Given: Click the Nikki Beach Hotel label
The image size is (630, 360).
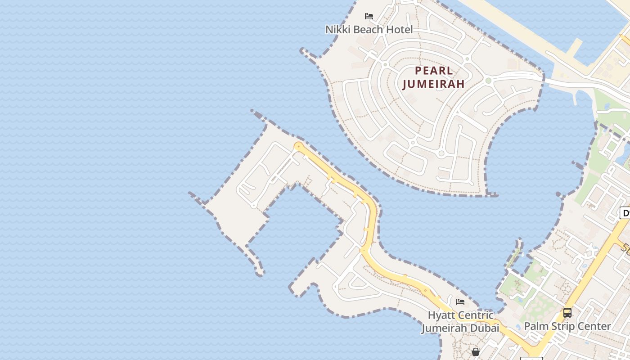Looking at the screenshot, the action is click(369, 30).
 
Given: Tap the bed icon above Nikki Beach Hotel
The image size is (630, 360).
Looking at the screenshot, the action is click(369, 16).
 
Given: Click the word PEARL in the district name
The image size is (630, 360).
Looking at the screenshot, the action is click(434, 71).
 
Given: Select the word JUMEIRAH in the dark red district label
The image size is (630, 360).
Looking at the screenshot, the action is click(433, 84).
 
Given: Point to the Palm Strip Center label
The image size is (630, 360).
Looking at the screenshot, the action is click(567, 326).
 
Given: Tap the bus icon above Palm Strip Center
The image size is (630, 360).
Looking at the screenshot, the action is click(567, 312).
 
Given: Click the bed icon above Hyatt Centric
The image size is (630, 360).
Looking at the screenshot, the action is click(460, 302).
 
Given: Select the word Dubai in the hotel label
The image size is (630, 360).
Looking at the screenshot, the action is click(485, 328).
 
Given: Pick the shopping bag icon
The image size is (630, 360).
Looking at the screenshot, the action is click(476, 351).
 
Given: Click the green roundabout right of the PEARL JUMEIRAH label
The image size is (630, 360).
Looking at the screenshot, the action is click(488, 81).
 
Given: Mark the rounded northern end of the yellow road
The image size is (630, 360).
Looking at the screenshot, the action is click(298, 146).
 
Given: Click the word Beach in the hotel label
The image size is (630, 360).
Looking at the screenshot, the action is click(369, 30).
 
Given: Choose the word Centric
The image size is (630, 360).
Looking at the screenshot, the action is click(476, 315).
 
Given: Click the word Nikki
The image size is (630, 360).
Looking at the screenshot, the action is click(337, 30).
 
